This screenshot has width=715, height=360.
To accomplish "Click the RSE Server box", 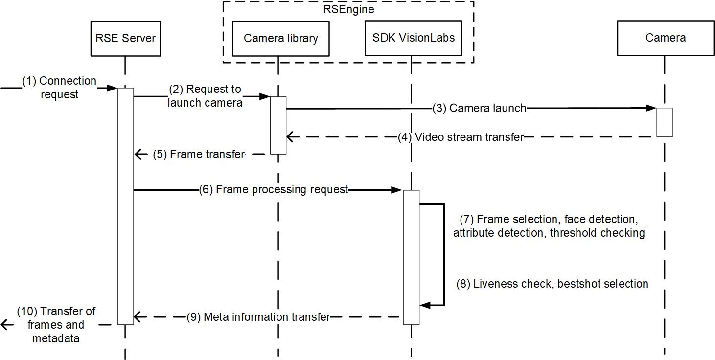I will pyautogui.click(x=125, y=38).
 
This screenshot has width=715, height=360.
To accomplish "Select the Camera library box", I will pyautogui.click(x=281, y=38).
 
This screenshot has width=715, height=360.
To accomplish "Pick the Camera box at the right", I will pyautogui.click(x=665, y=38).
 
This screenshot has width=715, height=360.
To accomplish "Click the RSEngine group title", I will pyautogui.click(x=348, y=9).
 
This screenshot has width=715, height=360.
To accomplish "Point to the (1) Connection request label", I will pyautogui.click(x=59, y=88).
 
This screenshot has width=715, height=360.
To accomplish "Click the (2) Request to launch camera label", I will pyautogui.click(x=205, y=96).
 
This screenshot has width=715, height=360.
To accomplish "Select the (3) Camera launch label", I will pyautogui.click(x=479, y=108).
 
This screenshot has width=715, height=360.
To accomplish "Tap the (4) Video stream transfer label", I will pyautogui.click(x=460, y=137).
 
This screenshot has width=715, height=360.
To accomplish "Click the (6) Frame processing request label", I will pyautogui.click(x=274, y=189).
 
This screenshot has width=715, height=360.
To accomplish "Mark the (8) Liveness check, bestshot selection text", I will pyautogui.click(x=552, y=284).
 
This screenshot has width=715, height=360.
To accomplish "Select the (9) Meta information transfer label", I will pyautogui.click(x=258, y=317).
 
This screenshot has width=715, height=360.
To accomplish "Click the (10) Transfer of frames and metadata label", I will pyautogui.click(x=56, y=324).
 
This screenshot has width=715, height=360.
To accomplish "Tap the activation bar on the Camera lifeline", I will pyautogui.click(x=665, y=122).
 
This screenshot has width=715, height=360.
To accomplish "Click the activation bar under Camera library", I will pyautogui.click(x=278, y=125).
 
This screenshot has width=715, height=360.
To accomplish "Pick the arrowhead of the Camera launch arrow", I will pyautogui.click(x=651, y=108).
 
